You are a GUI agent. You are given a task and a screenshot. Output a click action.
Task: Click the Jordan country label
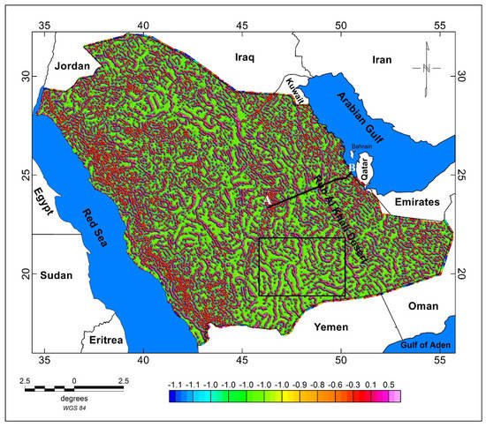pos(73,66)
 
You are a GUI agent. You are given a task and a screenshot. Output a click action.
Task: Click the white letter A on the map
pos(268,201)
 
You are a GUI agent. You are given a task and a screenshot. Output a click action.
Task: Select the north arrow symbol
pos(428,66)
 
